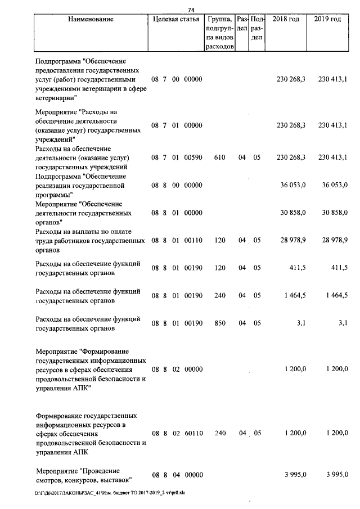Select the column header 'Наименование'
(91, 20)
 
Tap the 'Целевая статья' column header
(176, 20)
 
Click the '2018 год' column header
(285, 20)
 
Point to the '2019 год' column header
(327, 20)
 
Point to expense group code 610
(219, 158)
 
